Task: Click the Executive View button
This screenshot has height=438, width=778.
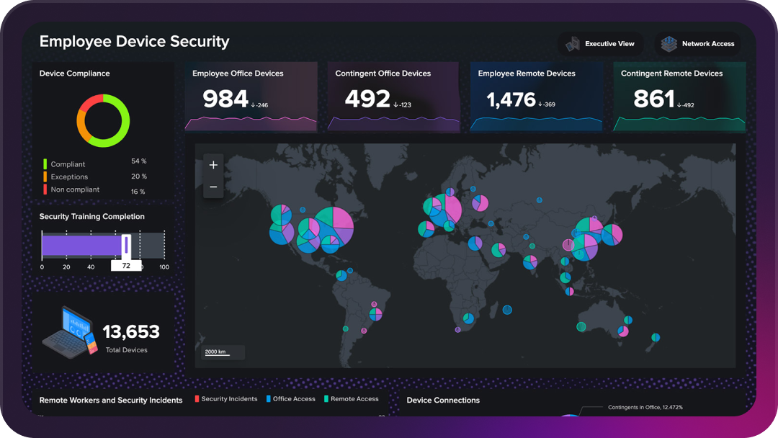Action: coord(601,44)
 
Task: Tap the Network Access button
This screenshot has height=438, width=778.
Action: coord(698,44)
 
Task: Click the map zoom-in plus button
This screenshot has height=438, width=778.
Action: coord(213,165)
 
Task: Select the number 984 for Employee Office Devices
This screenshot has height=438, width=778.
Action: coord(225,99)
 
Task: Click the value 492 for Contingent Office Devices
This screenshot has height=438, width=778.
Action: coord(367,99)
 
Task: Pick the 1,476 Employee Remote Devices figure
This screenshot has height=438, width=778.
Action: coord(511,99)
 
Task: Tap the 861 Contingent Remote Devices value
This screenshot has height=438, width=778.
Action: coord(653,99)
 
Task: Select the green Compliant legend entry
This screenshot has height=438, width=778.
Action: coord(68,164)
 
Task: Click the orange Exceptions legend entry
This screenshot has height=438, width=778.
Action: coord(69,177)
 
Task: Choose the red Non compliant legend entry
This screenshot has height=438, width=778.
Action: coord(75,190)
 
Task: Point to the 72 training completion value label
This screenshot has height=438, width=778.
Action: coord(126,266)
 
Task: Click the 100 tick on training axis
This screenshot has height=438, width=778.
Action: coord(164,267)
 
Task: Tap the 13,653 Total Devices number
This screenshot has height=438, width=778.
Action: coord(131,332)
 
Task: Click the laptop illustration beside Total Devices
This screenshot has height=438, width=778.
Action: coord(70,332)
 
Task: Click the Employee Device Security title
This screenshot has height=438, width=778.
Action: coord(134,41)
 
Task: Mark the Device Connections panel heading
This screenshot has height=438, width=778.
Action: coord(443,401)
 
